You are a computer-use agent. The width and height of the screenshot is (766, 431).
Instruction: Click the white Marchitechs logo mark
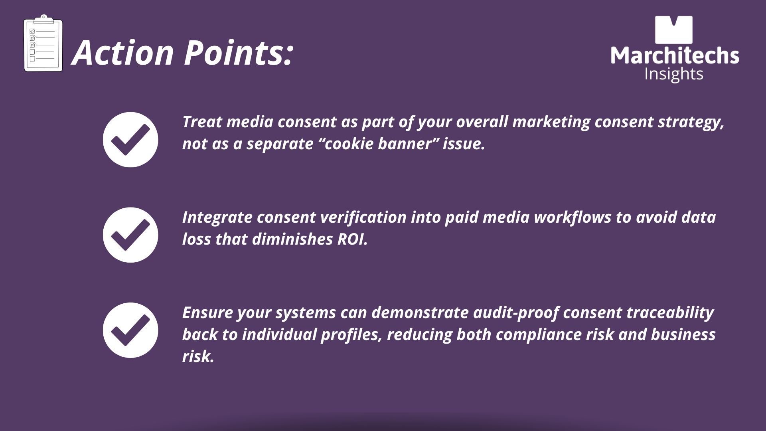tap(674, 30)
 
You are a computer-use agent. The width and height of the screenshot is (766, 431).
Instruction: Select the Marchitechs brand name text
tap(675, 55)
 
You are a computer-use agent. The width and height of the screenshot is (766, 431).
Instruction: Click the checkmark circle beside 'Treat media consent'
tap(130, 140)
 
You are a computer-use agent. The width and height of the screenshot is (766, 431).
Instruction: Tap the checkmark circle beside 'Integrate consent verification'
tap(130, 235)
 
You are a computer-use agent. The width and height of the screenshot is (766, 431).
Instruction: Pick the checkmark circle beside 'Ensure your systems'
tap(130, 330)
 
